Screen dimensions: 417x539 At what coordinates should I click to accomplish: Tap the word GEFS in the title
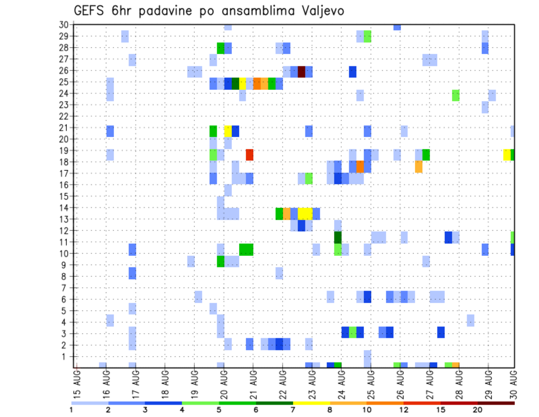89,11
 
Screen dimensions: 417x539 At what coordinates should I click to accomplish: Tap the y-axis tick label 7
66,288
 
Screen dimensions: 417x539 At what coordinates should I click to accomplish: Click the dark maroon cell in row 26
302,71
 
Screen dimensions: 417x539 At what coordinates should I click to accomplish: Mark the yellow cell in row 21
228,131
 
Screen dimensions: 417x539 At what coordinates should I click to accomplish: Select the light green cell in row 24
455,95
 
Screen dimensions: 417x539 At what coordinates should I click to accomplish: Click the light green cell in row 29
367,37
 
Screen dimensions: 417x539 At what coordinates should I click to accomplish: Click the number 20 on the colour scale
477,410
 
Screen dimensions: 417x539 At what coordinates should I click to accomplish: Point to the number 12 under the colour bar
403,410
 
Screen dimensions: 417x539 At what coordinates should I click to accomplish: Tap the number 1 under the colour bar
71,410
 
